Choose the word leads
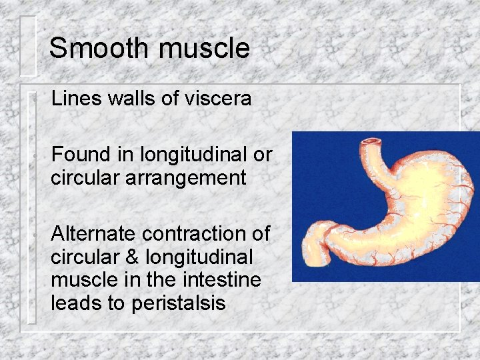(x=77, y=303)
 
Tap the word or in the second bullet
(x=263, y=155)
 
